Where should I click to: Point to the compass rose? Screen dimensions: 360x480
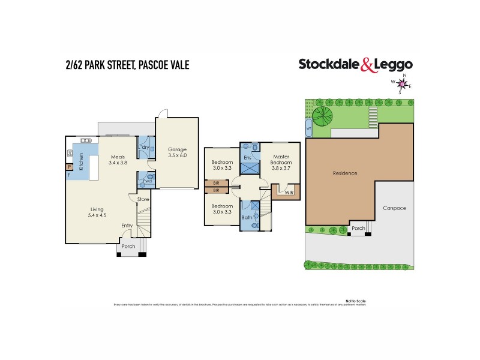(402, 84)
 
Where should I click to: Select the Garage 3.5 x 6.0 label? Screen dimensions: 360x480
(178, 152)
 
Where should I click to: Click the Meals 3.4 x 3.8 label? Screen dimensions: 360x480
(118, 159)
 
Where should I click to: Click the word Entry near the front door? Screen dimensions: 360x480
(127, 226)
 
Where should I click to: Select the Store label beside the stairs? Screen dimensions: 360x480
(143, 199)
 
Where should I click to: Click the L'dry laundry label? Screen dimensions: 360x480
(144, 148)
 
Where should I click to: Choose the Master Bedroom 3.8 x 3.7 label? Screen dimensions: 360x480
(280, 162)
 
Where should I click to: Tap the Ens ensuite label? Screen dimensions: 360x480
(247, 158)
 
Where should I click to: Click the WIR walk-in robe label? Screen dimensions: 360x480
(289, 193)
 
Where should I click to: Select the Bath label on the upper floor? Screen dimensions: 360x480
(247, 217)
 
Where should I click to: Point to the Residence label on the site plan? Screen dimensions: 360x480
(345, 173)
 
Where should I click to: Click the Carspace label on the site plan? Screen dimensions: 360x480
(394, 208)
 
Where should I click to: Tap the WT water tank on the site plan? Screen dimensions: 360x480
(308, 128)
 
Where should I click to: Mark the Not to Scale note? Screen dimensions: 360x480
(355, 300)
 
